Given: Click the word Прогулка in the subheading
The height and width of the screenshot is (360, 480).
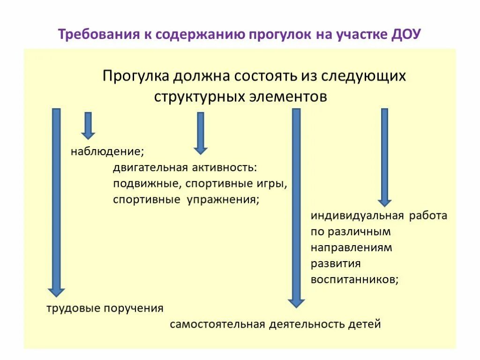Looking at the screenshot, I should click(x=135, y=76).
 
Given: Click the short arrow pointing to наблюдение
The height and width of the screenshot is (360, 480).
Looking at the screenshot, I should click(x=88, y=126).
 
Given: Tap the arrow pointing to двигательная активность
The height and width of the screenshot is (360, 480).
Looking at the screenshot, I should click(x=201, y=133).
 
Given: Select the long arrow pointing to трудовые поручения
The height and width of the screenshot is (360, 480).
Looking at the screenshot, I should click(x=56, y=202).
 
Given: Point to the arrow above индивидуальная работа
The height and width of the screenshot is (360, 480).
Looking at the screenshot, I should click(x=385, y=157).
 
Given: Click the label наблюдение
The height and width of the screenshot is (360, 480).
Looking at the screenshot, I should click(x=107, y=152).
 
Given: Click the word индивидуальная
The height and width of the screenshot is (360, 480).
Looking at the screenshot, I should click(x=357, y=216).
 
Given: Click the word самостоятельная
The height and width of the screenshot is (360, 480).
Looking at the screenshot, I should click(x=217, y=324).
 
